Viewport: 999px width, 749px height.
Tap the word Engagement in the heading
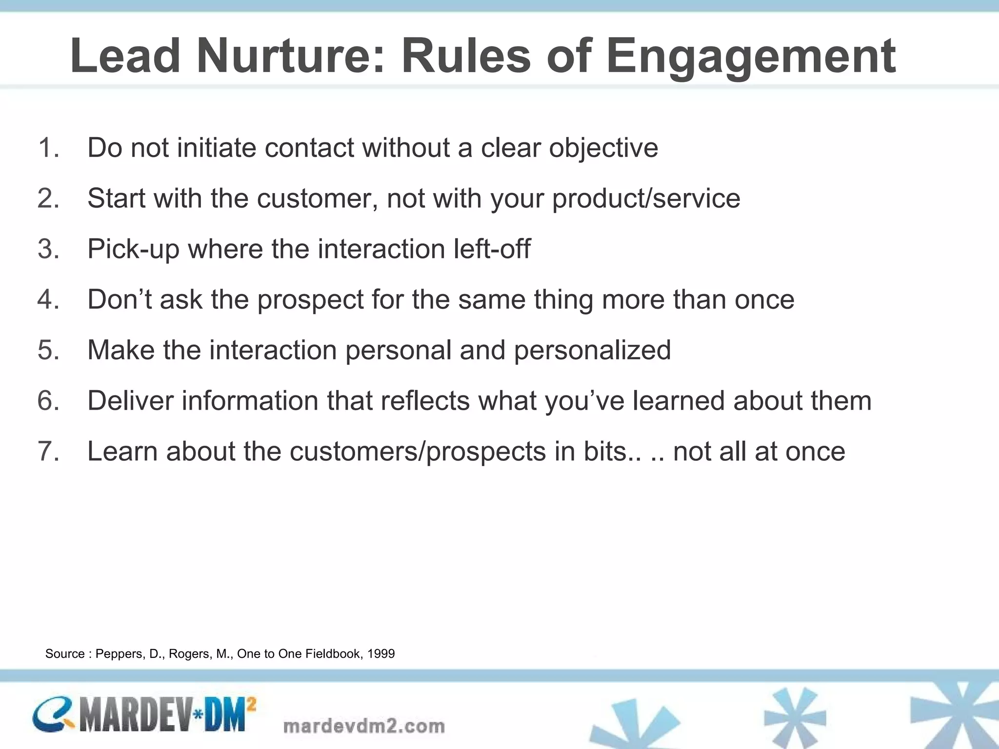(x=751, y=56)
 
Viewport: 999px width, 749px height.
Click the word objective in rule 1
(x=603, y=148)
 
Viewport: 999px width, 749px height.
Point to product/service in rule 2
(x=646, y=198)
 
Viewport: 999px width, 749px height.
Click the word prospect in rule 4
(x=310, y=299)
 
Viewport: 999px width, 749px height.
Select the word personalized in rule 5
(x=592, y=350)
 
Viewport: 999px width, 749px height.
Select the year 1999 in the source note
(x=380, y=654)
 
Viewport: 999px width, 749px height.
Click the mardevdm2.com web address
(x=364, y=726)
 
